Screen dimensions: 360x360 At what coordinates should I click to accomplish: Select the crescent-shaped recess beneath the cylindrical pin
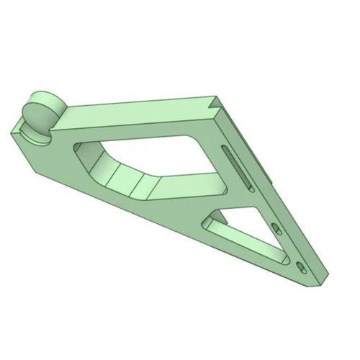(36, 136)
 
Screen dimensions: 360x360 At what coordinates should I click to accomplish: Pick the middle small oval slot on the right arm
(276, 228)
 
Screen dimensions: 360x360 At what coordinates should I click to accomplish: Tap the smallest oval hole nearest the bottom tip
(302, 268)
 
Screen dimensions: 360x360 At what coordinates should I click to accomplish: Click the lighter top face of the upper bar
(137, 108)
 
